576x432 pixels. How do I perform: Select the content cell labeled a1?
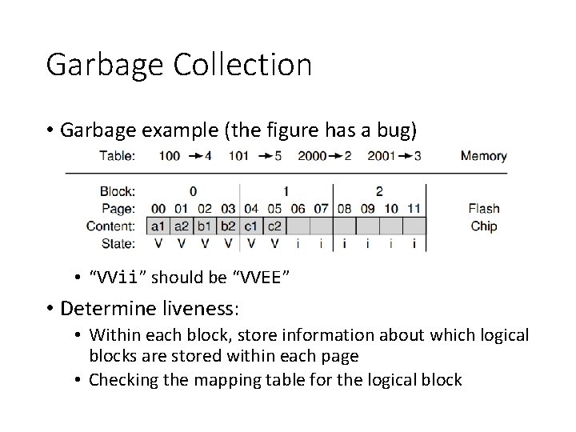pyautogui.click(x=158, y=226)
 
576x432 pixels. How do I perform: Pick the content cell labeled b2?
pyautogui.click(x=228, y=226)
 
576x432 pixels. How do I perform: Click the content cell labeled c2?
pyautogui.click(x=274, y=226)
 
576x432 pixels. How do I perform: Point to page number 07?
pyautogui.click(x=321, y=209)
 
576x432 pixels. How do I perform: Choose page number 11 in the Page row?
pyautogui.click(x=414, y=209)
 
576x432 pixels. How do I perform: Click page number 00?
pyautogui.click(x=158, y=209)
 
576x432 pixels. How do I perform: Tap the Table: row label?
pyautogui.click(x=117, y=155)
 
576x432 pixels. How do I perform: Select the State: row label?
pyautogui.click(x=118, y=243)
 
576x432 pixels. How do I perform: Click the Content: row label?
pyautogui.click(x=111, y=226)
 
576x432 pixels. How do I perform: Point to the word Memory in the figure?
pyautogui.click(x=483, y=155)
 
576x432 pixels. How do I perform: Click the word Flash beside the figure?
pyautogui.click(x=484, y=209)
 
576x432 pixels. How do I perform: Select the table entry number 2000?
pyautogui.click(x=312, y=155)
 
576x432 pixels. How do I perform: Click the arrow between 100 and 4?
pyautogui.click(x=194, y=155)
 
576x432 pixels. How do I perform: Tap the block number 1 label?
pyautogui.click(x=286, y=191)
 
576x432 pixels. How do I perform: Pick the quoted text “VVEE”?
pyautogui.click(x=260, y=278)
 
